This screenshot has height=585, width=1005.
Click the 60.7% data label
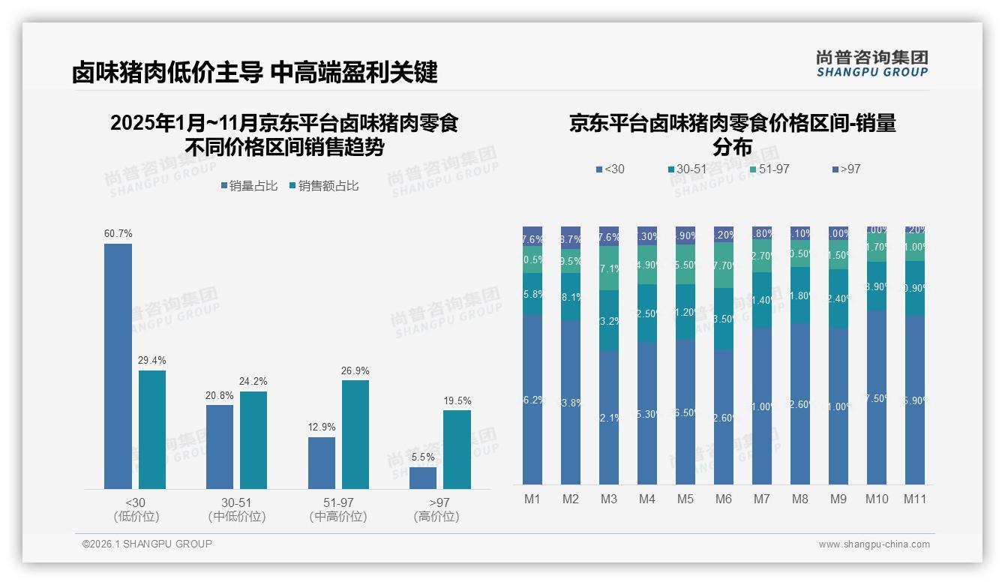(x=118, y=234)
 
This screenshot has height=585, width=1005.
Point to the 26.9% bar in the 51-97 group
(x=355, y=434)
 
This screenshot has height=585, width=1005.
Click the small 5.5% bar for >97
(x=423, y=478)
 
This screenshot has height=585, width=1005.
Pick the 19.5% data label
(x=457, y=400)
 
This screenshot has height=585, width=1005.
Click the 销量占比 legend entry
(x=250, y=186)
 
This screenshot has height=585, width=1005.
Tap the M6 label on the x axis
(x=724, y=499)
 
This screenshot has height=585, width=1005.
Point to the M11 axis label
(x=915, y=499)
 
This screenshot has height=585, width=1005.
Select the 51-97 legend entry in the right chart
(x=769, y=169)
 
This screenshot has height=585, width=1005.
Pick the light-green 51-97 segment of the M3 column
(x=609, y=268)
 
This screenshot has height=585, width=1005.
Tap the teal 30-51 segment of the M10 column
(x=877, y=286)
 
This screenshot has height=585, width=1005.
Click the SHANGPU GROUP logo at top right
(x=872, y=63)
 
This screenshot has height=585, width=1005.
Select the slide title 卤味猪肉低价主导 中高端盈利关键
(x=255, y=73)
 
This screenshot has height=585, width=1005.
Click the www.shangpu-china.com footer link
(x=874, y=544)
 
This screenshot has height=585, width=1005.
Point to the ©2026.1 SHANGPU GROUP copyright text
(x=147, y=544)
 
